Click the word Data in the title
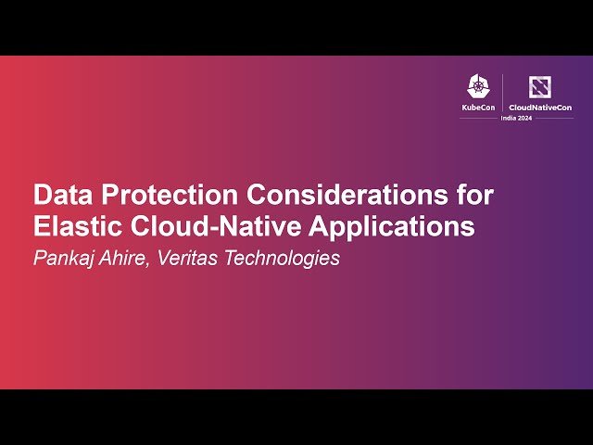click(63, 195)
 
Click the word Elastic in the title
click(78, 226)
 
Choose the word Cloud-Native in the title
click(216, 226)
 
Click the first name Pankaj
click(64, 259)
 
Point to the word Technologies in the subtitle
click(282, 259)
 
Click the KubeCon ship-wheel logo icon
click(478, 86)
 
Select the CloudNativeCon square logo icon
click(539, 87)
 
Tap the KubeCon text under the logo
click(478, 108)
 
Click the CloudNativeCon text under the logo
click(540, 108)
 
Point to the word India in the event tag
click(509, 118)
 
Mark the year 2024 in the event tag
click(525, 118)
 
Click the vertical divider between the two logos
click(502, 93)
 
